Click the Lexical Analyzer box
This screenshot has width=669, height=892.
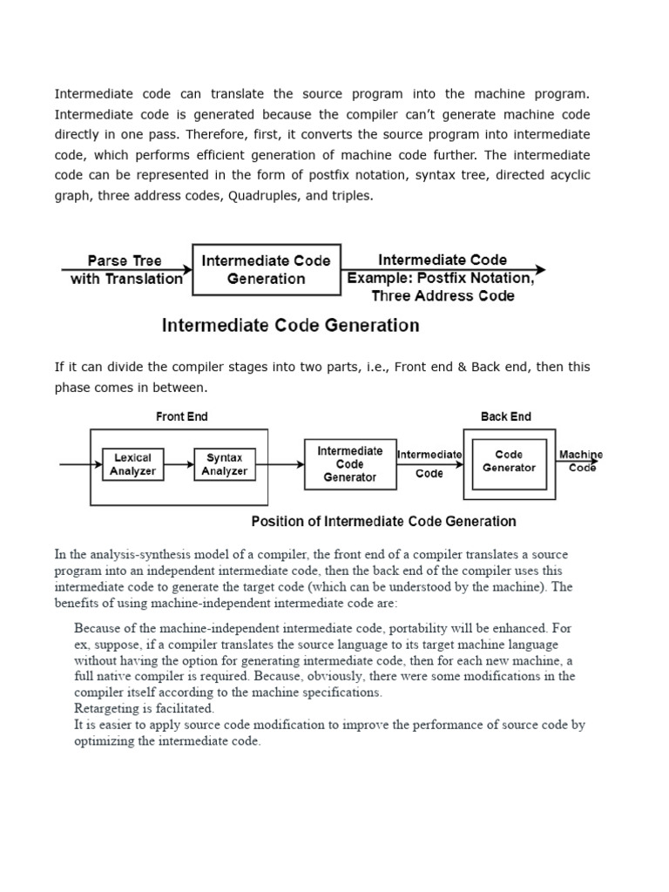pos(133,464)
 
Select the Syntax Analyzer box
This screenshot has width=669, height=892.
pos(224,464)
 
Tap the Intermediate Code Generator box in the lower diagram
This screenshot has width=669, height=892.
pos(349,464)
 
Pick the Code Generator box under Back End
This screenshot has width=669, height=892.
pos(509,462)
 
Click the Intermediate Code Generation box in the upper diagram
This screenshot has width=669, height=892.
pos(266,270)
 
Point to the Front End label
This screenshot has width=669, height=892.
pos(181,416)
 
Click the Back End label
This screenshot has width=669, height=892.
pos(505,416)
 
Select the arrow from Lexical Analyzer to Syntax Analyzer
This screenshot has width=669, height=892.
pos(179,464)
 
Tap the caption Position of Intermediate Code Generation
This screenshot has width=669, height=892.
pos(383,521)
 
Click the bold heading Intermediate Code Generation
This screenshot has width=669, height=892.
pos(290,326)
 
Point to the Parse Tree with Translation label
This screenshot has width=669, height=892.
pos(126,270)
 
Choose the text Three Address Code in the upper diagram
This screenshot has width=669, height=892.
pos(443,296)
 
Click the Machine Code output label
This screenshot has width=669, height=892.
pos(581,461)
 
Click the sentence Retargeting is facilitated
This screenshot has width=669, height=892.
pos(145,708)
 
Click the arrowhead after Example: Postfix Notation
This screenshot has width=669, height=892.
pos(541,270)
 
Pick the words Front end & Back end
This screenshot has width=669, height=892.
pos(453,367)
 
